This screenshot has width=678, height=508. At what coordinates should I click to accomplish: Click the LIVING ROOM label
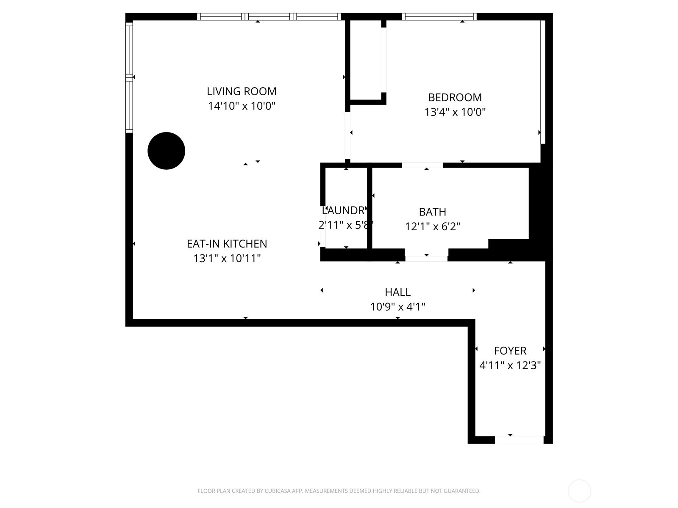tap(242, 91)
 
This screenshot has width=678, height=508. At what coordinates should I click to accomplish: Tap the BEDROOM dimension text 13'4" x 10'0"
tap(455, 112)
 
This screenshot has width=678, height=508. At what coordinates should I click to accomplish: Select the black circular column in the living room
tap(166, 151)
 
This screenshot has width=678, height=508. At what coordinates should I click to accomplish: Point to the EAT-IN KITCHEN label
tap(227, 244)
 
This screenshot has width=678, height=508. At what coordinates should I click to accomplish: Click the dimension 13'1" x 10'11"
tap(227, 258)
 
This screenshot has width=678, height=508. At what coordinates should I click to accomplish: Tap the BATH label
tap(432, 212)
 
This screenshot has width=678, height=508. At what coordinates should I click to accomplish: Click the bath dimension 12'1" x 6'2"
tap(432, 226)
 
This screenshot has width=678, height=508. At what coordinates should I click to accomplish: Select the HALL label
tap(397, 292)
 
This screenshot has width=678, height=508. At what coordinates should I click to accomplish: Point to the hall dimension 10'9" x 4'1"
tap(397, 306)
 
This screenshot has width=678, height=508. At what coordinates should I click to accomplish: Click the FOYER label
tap(510, 351)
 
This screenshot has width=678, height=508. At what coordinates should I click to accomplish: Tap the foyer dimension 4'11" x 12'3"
tap(510, 365)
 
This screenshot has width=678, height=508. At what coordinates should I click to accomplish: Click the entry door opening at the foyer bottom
tap(519, 440)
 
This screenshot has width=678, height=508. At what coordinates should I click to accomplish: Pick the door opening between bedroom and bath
tap(422, 165)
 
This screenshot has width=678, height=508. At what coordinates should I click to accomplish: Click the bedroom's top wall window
tap(439, 17)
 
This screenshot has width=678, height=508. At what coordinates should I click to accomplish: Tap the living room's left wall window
tap(129, 77)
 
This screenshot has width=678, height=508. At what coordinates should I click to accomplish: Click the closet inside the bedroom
tap(365, 59)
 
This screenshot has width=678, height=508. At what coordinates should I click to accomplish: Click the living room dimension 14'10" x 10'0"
tap(242, 106)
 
